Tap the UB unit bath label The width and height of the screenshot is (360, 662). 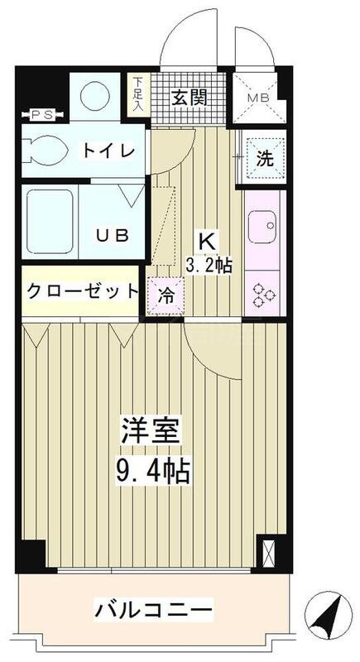pos(111,235)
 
